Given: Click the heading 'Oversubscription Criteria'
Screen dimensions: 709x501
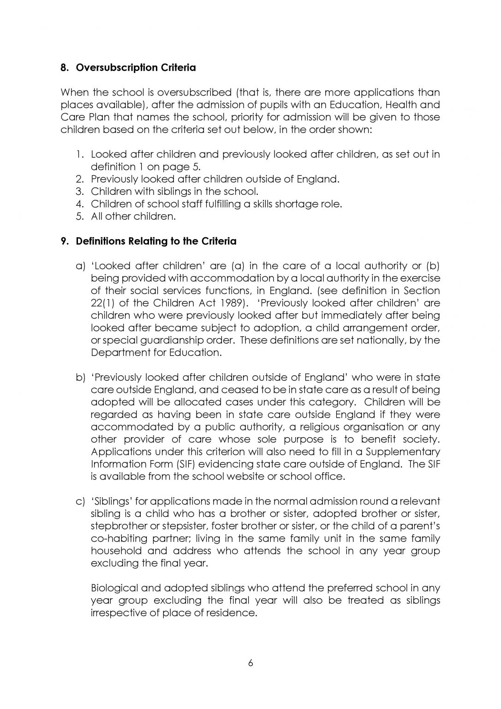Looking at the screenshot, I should pyautogui.click(x=135, y=68).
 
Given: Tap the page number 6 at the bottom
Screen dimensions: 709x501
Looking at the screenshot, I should pyautogui.click(x=250, y=663).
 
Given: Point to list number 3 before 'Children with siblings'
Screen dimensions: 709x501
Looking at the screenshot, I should pyautogui.click(x=79, y=192).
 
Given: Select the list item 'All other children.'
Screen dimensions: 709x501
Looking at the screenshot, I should pyautogui.click(x=133, y=216).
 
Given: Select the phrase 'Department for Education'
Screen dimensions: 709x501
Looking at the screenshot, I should pyautogui.click(x=155, y=353).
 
